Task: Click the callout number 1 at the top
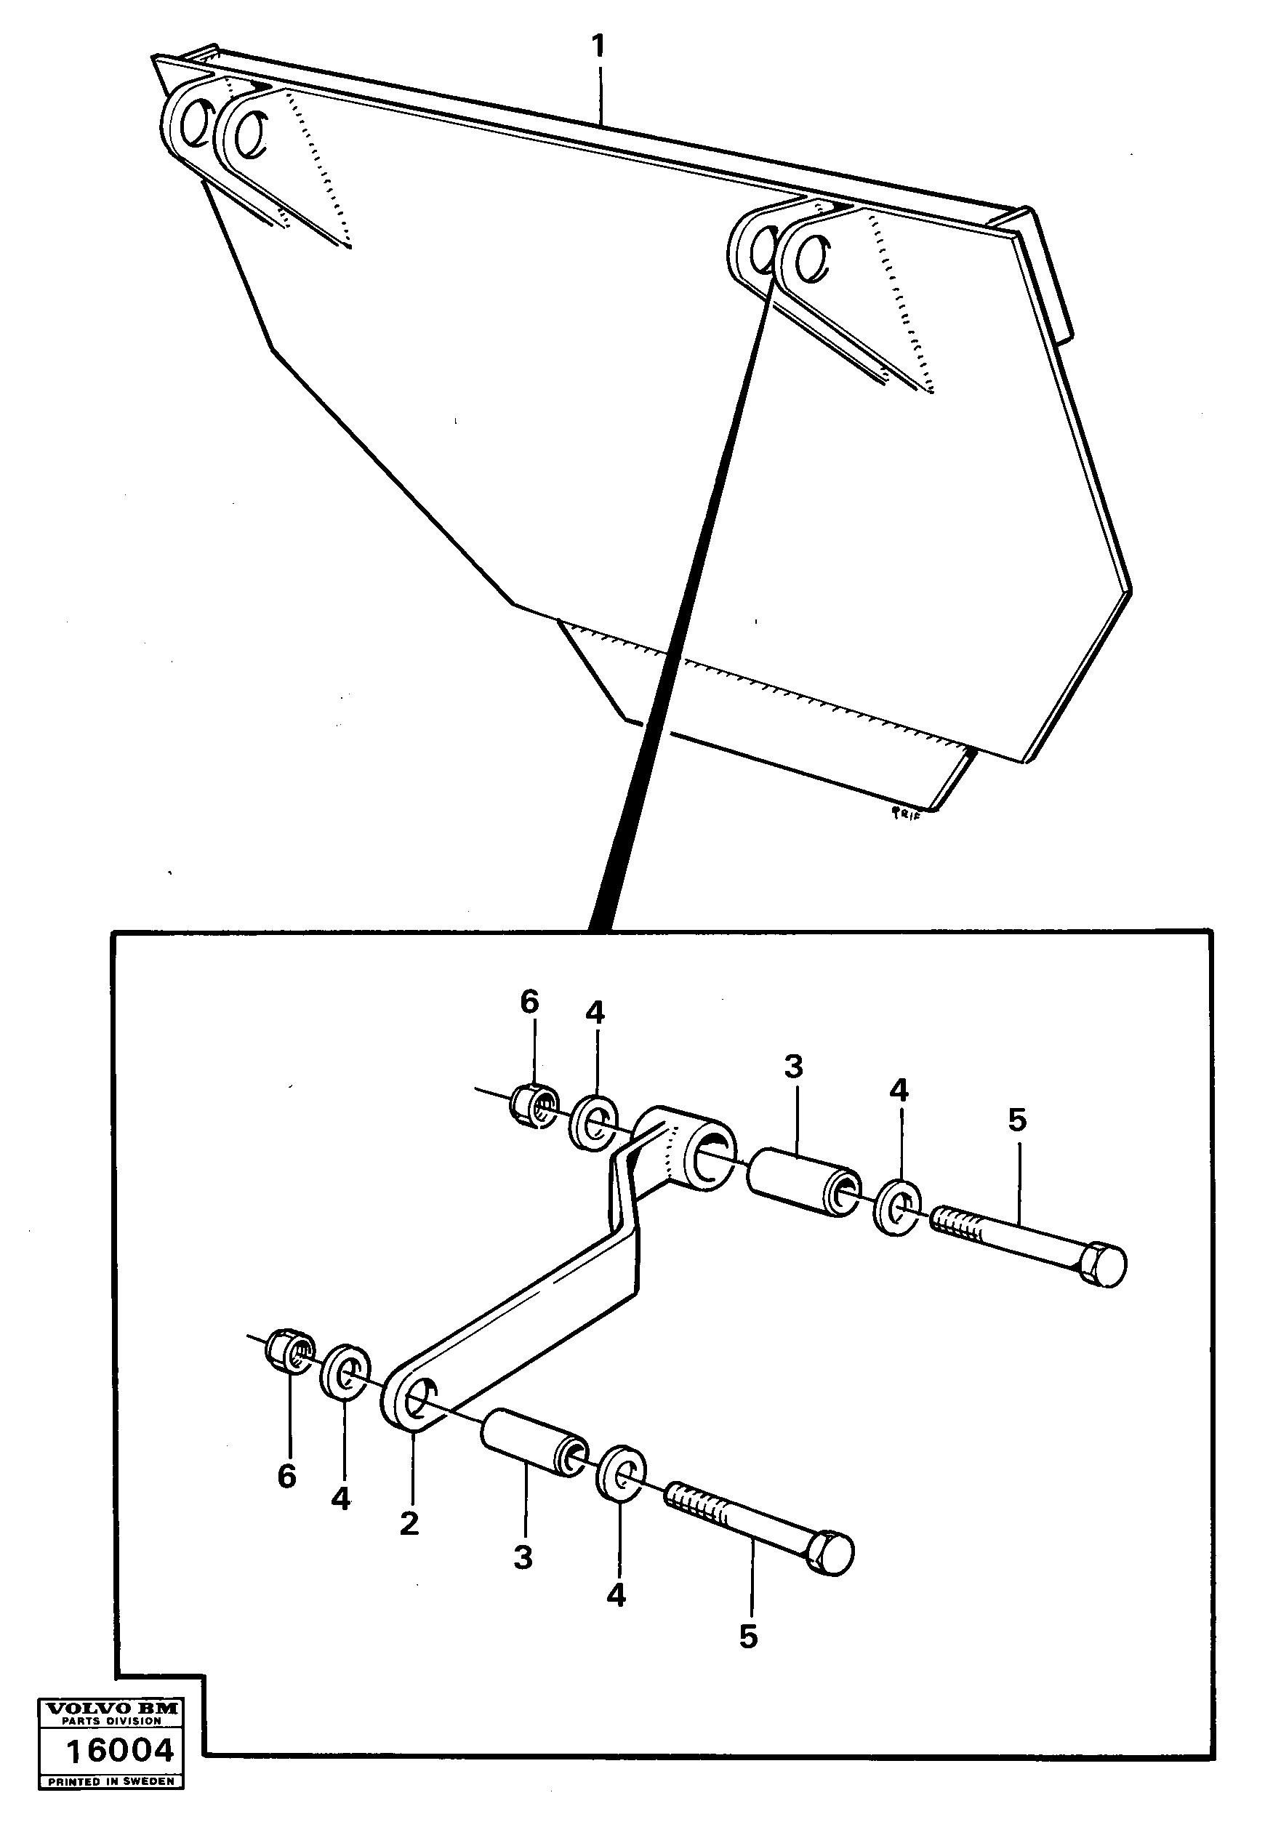pyautogui.click(x=598, y=47)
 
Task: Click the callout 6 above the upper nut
pyautogui.click(x=529, y=1002)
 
